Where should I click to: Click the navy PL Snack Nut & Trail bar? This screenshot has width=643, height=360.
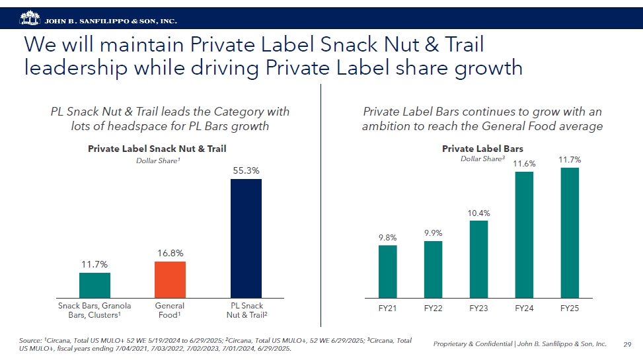tap(246, 238)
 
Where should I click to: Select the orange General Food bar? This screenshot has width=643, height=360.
tap(170, 279)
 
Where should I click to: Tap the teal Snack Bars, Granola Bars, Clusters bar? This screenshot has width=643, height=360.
tap(95, 285)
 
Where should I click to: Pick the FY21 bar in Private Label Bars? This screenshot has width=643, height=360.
tap(387, 271)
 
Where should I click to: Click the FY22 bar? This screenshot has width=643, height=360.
tap(433, 270)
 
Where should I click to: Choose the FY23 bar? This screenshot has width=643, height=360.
tap(478, 259)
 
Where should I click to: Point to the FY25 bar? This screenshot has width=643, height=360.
tap(569, 233)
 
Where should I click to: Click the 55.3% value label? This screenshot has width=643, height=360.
tap(246, 170)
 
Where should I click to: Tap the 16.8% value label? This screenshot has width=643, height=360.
tap(170, 253)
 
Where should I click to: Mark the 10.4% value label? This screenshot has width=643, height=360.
tap(478, 213)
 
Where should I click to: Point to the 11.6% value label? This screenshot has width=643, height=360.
tap(524, 164)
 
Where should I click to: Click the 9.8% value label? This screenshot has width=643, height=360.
tap(387, 237)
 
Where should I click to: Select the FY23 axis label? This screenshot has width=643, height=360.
tap(478, 308)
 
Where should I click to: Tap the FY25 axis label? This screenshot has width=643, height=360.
tap(569, 308)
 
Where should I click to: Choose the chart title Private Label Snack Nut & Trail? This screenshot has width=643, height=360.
tap(161, 149)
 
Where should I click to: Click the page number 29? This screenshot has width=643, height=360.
tap(628, 344)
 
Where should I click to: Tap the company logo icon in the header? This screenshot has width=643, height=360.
tap(30, 17)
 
